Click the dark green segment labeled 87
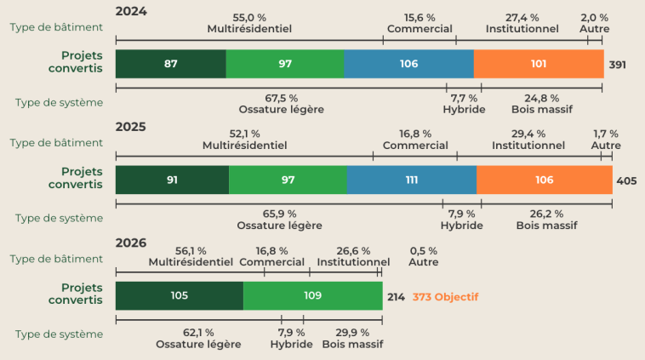tap(171, 64)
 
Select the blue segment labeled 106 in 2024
tap(409, 64)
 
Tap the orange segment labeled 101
tap(539, 64)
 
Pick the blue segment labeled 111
tap(412, 180)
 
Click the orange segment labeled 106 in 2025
tap(545, 180)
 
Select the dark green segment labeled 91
tap(173, 180)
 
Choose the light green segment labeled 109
tap(313, 296)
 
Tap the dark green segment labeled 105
tap(180, 296)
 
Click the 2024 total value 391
tap(618, 65)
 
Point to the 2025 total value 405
tap(626, 181)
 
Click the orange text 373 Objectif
tap(446, 297)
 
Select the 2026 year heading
tap(131, 243)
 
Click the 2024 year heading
tap(131, 11)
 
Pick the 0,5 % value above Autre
tap(423, 251)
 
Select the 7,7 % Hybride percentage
tap(464, 99)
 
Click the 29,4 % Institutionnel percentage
tap(528, 134)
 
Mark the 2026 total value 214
tap(397, 297)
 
